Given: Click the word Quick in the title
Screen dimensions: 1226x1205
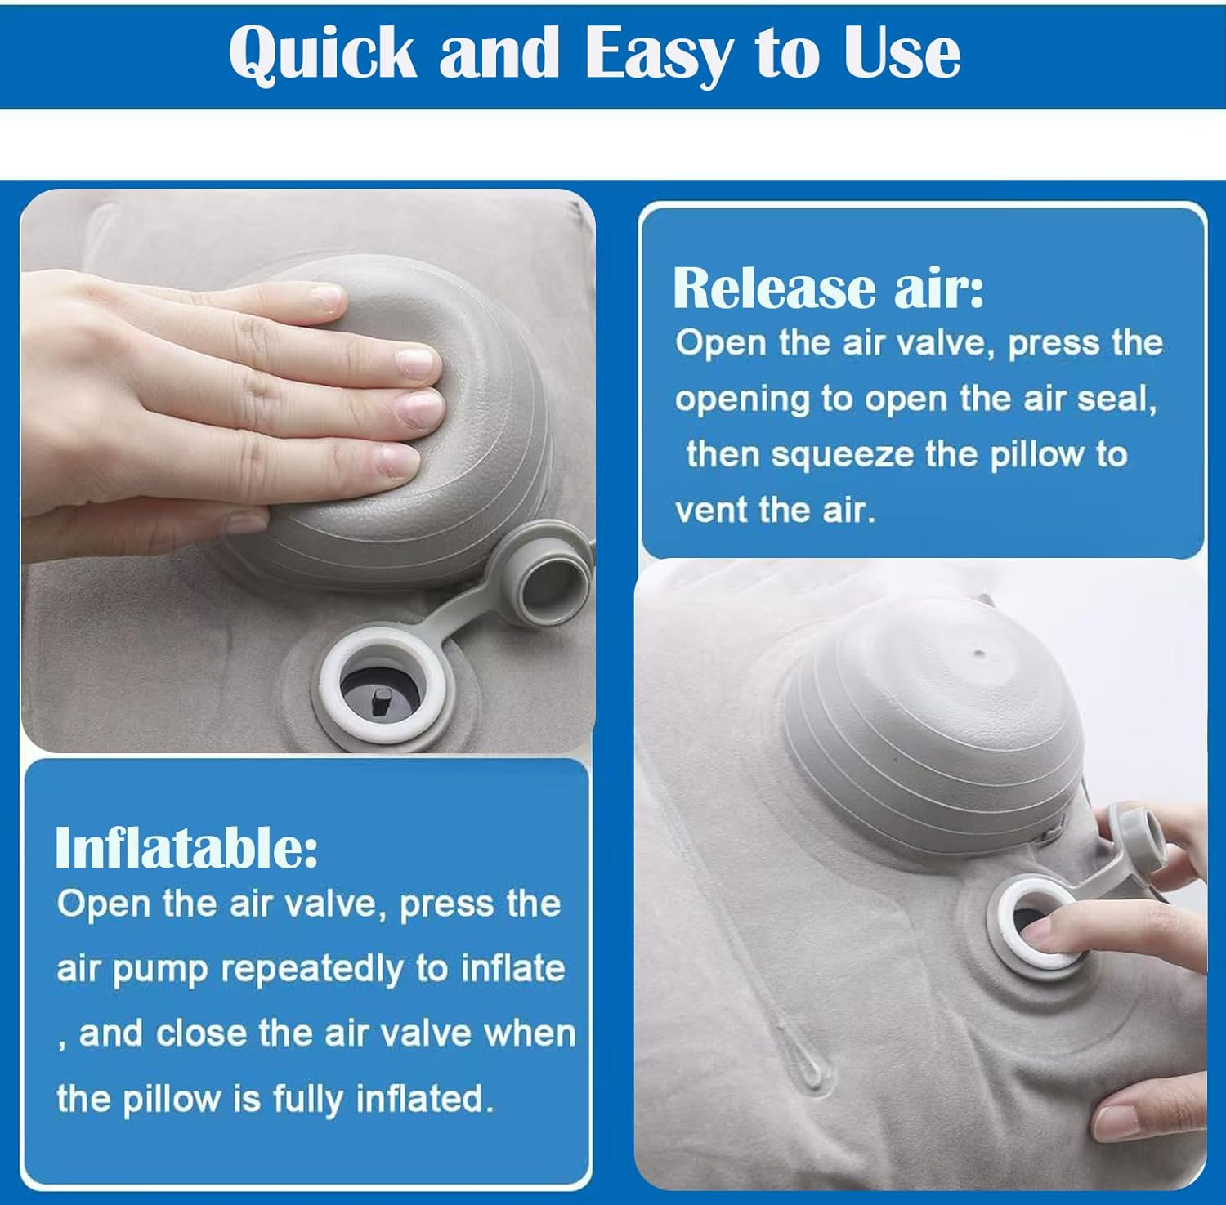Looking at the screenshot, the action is point(323,54).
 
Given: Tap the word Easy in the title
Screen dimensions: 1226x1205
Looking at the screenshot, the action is point(657,55).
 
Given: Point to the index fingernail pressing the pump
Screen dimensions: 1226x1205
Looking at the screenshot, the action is point(418,359).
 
